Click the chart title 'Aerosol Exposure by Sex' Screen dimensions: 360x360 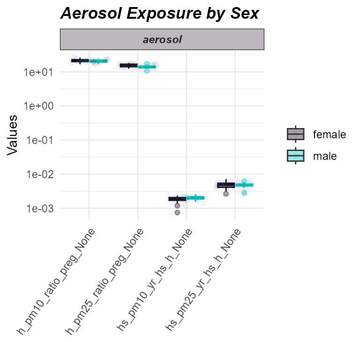159,14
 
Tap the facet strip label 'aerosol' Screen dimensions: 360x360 162,40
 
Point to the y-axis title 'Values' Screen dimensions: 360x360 13,135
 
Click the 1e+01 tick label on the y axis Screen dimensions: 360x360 40,72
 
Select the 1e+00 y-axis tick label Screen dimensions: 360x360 40,106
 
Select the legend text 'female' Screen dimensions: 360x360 330,135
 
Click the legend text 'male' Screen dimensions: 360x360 325,156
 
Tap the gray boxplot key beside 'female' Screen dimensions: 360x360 296,135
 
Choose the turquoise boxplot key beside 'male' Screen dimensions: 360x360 296,156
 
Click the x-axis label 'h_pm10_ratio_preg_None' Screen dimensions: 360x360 57,281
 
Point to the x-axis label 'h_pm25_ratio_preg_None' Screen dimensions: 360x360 105,281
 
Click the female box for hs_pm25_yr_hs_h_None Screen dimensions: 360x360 226,185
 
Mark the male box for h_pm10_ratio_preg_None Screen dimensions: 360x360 98,61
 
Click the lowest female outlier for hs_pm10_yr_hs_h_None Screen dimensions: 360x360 177,213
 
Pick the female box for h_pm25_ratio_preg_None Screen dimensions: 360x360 128,66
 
